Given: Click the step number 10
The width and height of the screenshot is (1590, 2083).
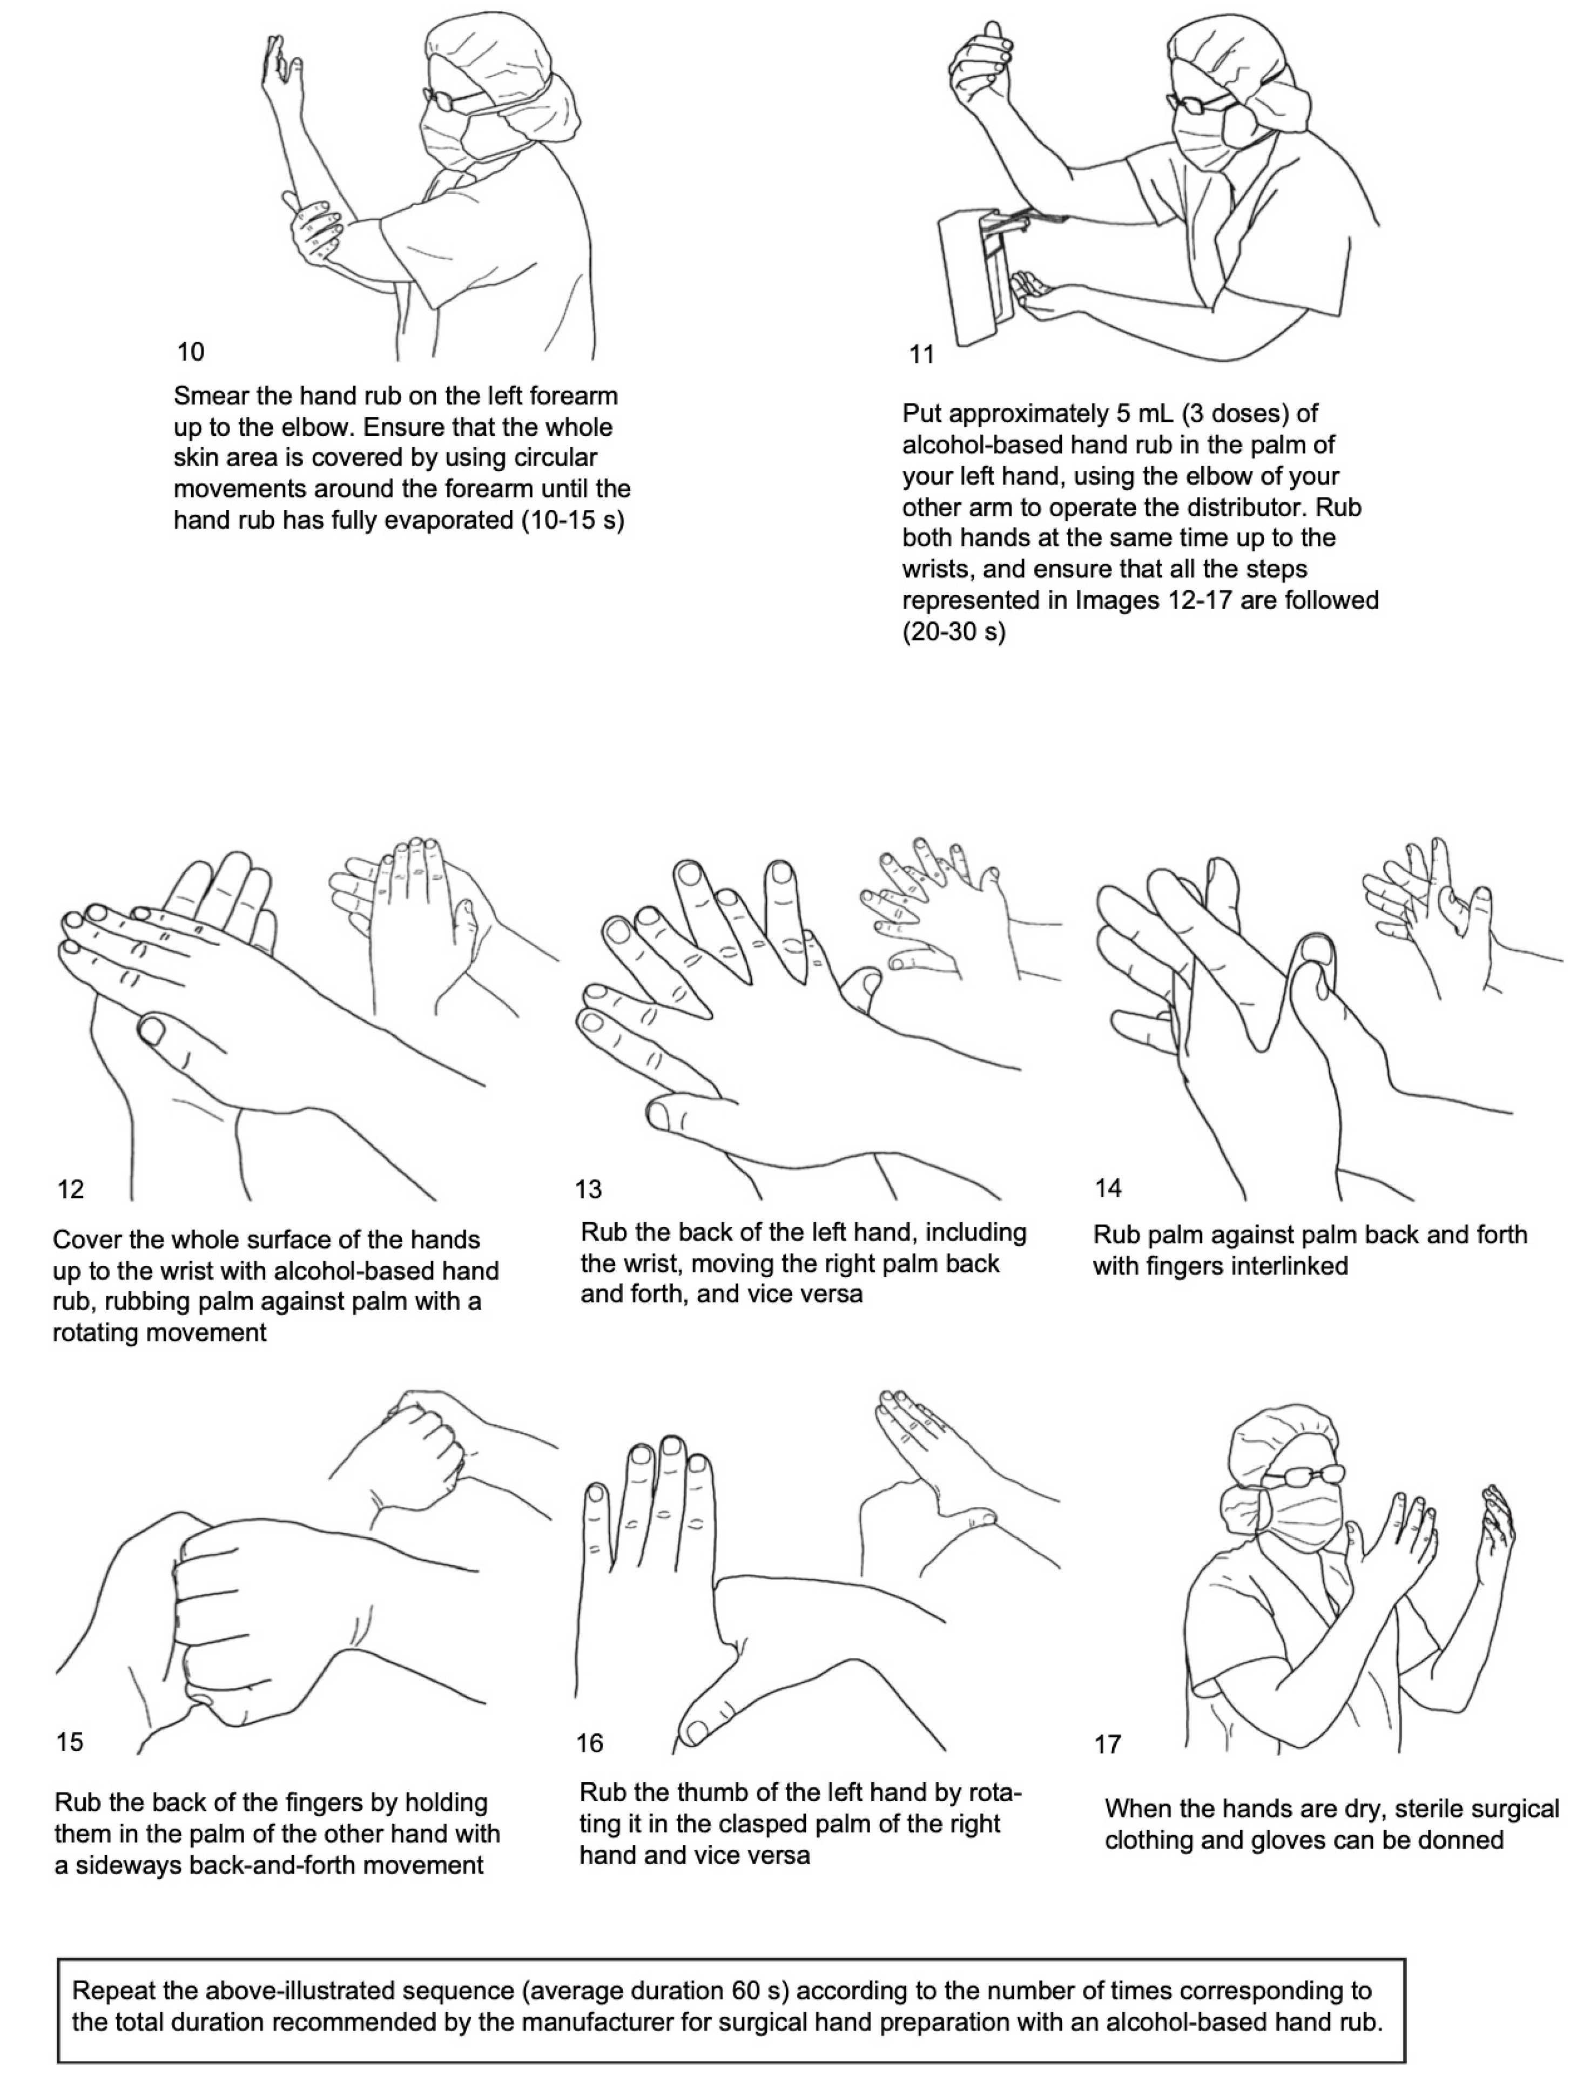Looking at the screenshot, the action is tap(190, 352).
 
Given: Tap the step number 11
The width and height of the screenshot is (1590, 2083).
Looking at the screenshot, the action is tap(922, 355).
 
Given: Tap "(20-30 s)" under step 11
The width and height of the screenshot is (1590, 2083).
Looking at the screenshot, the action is tap(954, 631).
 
